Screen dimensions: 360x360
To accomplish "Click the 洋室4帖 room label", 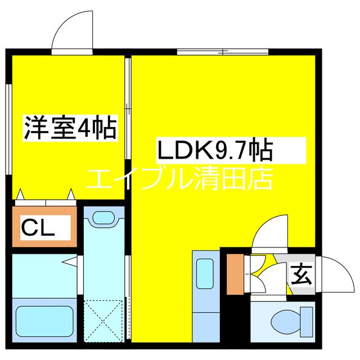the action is (70, 128).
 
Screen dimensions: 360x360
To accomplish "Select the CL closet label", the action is (38, 227).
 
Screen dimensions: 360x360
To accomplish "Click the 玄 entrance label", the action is (301, 275).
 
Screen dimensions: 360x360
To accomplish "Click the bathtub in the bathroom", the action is (44, 321).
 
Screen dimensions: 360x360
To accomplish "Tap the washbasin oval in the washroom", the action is (104, 218).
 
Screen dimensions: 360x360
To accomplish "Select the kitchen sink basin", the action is (205, 274).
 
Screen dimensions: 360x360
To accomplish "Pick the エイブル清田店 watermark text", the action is (180, 178).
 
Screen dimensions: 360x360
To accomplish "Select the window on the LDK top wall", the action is (223, 52).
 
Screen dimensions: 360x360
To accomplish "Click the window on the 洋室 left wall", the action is (9, 129).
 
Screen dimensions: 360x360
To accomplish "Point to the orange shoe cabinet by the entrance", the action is (235, 274).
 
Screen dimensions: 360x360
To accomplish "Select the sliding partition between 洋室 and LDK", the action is (128, 109).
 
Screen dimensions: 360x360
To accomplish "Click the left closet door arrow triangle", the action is (20, 194).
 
